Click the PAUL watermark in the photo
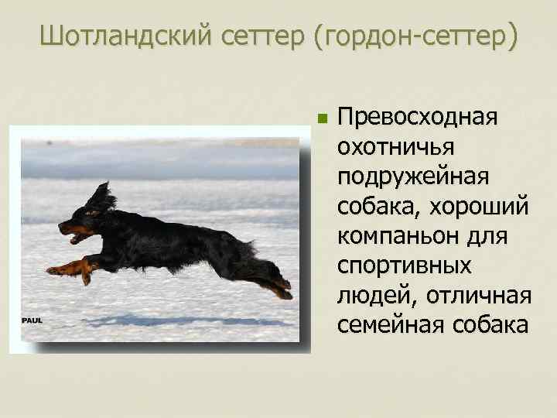pyautogui.click(x=32, y=320)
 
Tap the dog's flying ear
pyautogui.click(x=100, y=197)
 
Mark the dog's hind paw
pyautogui.click(x=284, y=291)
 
